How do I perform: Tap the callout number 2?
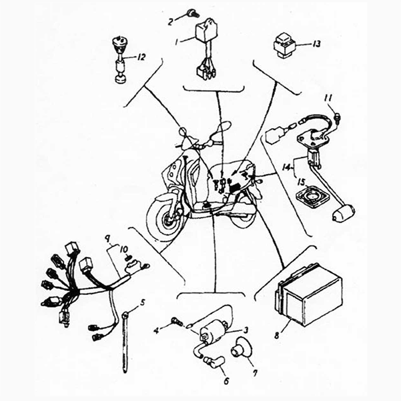[x=171, y=21]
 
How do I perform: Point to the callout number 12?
[x=141, y=57]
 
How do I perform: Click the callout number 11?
[x=328, y=99]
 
